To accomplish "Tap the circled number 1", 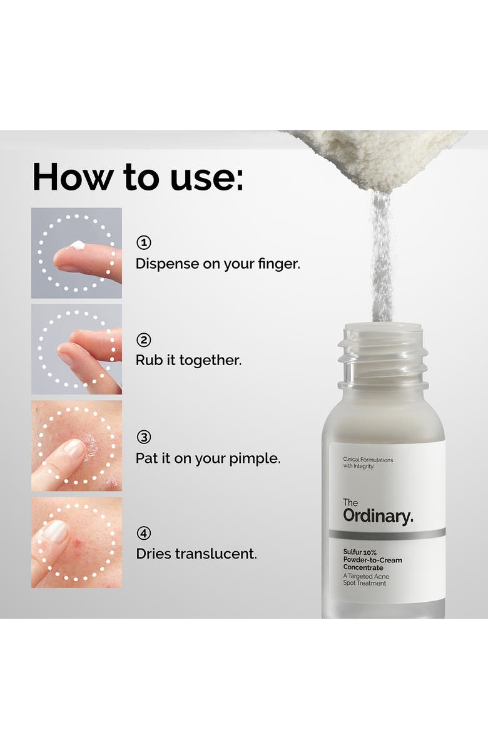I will click(x=144, y=242).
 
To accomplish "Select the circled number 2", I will click(x=144, y=340).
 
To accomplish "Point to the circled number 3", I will click(x=144, y=437).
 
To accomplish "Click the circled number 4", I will click(x=144, y=534).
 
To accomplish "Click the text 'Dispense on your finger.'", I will click(x=218, y=264).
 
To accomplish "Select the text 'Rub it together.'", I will click(x=188, y=361).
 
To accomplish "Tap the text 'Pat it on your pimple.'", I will click(x=208, y=458).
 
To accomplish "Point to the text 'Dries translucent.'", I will click(x=196, y=554).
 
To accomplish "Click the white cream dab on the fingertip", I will click(x=78, y=245).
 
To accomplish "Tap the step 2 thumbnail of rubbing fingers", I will click(x=76, y=349).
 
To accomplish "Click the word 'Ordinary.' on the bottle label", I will click(x=377, y=516).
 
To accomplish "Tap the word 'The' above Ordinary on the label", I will click(x=350, y=502).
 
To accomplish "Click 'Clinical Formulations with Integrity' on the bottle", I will click(x=368, y=463).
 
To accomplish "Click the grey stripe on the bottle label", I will click(x=387, y=534).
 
